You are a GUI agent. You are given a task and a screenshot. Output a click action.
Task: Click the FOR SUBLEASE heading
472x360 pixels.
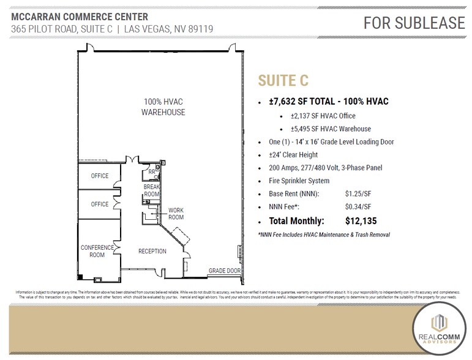tap(414, 23)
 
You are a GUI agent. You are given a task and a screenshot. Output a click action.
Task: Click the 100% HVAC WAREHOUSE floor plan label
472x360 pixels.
tap(163, 107)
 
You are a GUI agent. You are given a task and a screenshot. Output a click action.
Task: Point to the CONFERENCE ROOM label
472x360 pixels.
tap(97, 251)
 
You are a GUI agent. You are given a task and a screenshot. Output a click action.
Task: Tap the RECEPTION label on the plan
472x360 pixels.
tap(152, 251)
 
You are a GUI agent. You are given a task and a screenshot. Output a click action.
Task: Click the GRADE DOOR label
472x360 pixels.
tap(224, 270)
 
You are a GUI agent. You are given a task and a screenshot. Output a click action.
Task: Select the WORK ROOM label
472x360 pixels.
tap(176, 214)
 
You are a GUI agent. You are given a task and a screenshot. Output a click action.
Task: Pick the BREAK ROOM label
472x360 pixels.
tap(151, 190)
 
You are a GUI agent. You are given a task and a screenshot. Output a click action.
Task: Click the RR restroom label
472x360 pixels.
tap(151, 173)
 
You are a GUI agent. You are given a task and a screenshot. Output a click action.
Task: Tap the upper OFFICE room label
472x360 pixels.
tap(100, 176)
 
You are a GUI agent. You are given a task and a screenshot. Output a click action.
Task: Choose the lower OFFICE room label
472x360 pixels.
tap(100, 204)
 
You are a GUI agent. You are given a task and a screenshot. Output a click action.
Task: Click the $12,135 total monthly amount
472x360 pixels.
tap(366, 221)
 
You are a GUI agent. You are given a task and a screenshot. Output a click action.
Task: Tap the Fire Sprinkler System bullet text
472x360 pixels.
tap(299, 181)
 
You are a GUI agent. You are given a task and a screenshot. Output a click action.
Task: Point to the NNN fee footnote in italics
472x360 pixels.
tap(324, 234)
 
